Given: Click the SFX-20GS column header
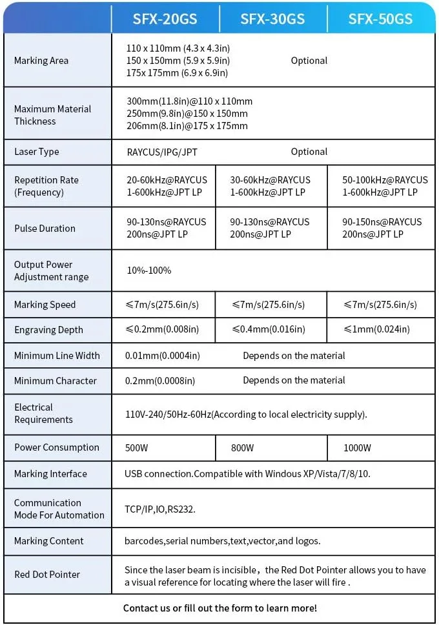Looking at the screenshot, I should coord(165,19).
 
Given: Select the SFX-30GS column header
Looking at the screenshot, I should coord(272,19).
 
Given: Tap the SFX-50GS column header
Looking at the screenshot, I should coord(380,19).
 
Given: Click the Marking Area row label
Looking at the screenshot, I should coord(41,61).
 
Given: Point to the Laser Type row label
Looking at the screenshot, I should coord(37,152).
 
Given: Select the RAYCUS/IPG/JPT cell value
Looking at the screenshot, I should coord(162,152).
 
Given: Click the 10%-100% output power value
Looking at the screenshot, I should coord(149,271).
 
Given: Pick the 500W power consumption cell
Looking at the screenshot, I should coord(137,447).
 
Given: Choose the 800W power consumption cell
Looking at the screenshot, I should coord(243,447).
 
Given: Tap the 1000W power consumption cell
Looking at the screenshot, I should coord(358,447).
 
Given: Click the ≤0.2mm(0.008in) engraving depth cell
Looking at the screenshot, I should coord(163,329).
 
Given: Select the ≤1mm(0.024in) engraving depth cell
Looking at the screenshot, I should coord(377,329).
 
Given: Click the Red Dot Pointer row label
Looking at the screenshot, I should coord(47,575).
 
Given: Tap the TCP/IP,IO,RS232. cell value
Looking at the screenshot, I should coord(160,509).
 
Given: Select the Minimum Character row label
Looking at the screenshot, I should coord(56,381).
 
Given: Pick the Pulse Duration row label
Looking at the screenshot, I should coord(45,229).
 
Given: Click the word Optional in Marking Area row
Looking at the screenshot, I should coord(309,61).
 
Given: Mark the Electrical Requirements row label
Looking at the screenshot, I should coord(44,413).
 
